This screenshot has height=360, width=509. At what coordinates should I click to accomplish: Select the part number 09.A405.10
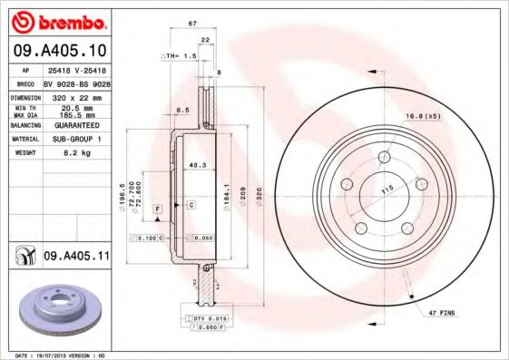[x=62, y=50]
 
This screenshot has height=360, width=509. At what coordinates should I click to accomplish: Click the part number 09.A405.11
[x=76, y=258]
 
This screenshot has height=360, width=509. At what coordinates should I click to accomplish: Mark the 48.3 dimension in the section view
[x=193, y=164]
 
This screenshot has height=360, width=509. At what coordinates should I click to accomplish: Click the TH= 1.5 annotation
[x=179, y=56]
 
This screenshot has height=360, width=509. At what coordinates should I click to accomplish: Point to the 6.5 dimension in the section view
[x=181, y=109]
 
